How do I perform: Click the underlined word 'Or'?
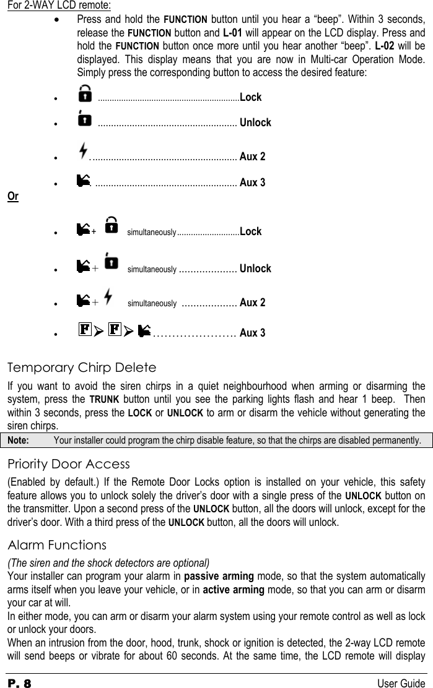[12, 197]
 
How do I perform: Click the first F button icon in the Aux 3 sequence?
[85, 329]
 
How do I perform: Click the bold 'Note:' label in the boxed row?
[17, 441]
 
